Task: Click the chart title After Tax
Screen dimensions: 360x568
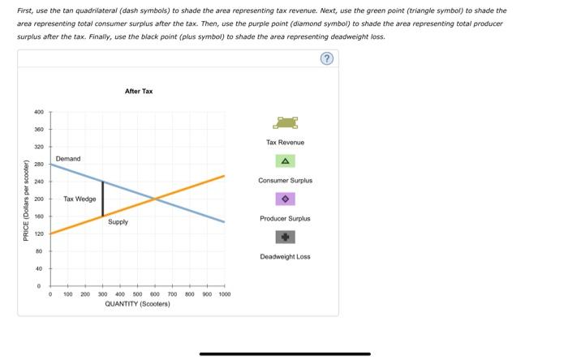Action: [139, 92]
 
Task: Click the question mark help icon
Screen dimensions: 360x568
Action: [327, 58]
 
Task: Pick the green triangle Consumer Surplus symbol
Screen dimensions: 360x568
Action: [285, 161]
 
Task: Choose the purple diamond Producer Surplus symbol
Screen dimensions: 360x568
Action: [285, 199]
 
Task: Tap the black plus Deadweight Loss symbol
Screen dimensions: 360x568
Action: [285, 237]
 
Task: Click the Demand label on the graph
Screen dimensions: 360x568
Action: [68, 159]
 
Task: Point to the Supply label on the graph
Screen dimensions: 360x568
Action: [118, 221]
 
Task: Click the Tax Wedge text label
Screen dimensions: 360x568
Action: [80, 199]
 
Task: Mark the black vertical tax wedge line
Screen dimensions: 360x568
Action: [103, 199]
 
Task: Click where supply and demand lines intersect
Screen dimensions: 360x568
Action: [155, 199]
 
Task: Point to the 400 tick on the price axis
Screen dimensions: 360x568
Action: [39, 112]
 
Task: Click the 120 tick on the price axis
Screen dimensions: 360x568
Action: [39, 234]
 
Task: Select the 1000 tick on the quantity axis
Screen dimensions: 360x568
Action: [225, 294]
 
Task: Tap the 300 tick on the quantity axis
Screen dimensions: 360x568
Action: [103, 294]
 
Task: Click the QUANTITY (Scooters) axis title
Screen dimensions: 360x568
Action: [137, 304]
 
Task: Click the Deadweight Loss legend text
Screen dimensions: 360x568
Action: [285, 256]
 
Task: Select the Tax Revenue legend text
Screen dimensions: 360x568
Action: [285, 143]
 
